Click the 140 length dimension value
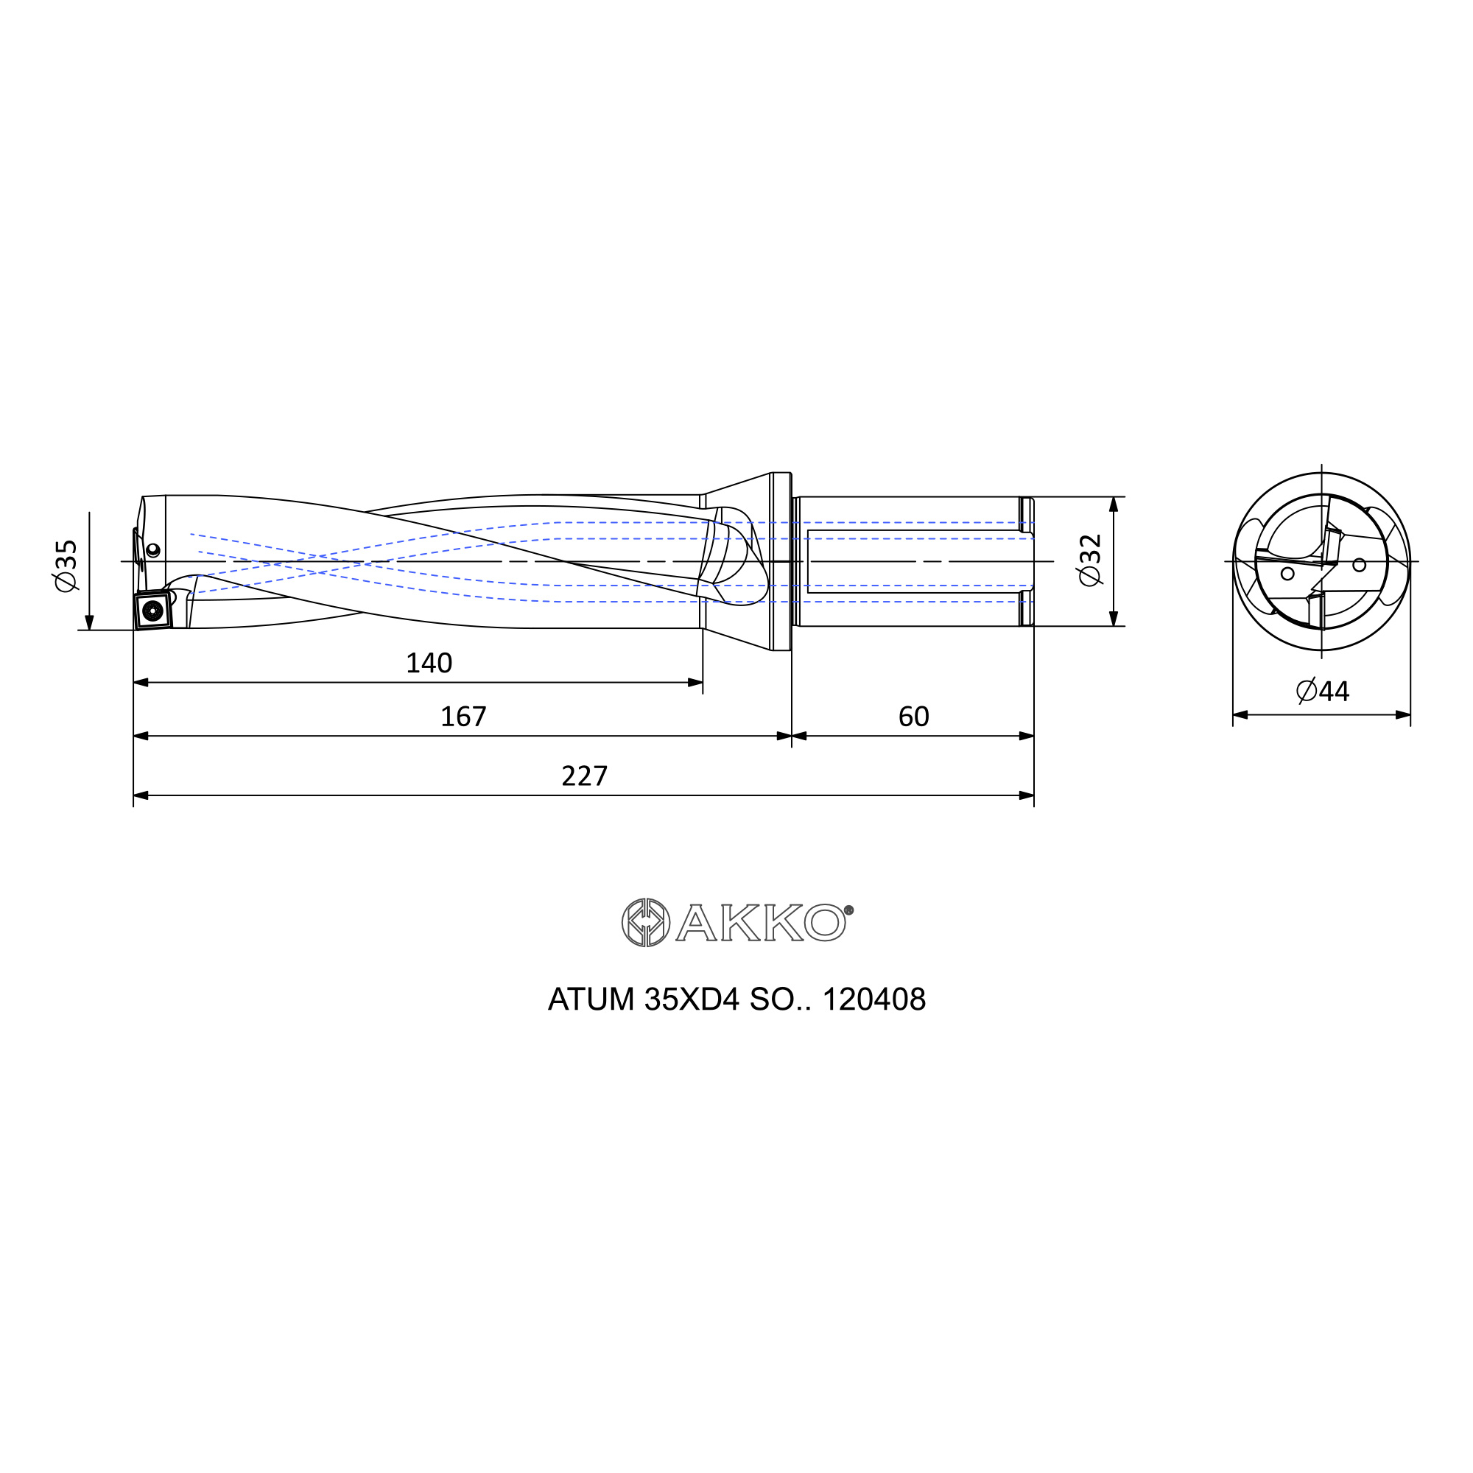click(x=429, y=664)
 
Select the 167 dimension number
click(x=463, y=717)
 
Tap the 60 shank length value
click(x=913, y=717)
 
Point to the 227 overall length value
click(x=585, y=776)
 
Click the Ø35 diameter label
click(x=67, y=566)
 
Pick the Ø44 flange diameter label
click(x=1323, y=692)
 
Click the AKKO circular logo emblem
click(x=646, y=923)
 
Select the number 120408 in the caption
click(x=873, y=999)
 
